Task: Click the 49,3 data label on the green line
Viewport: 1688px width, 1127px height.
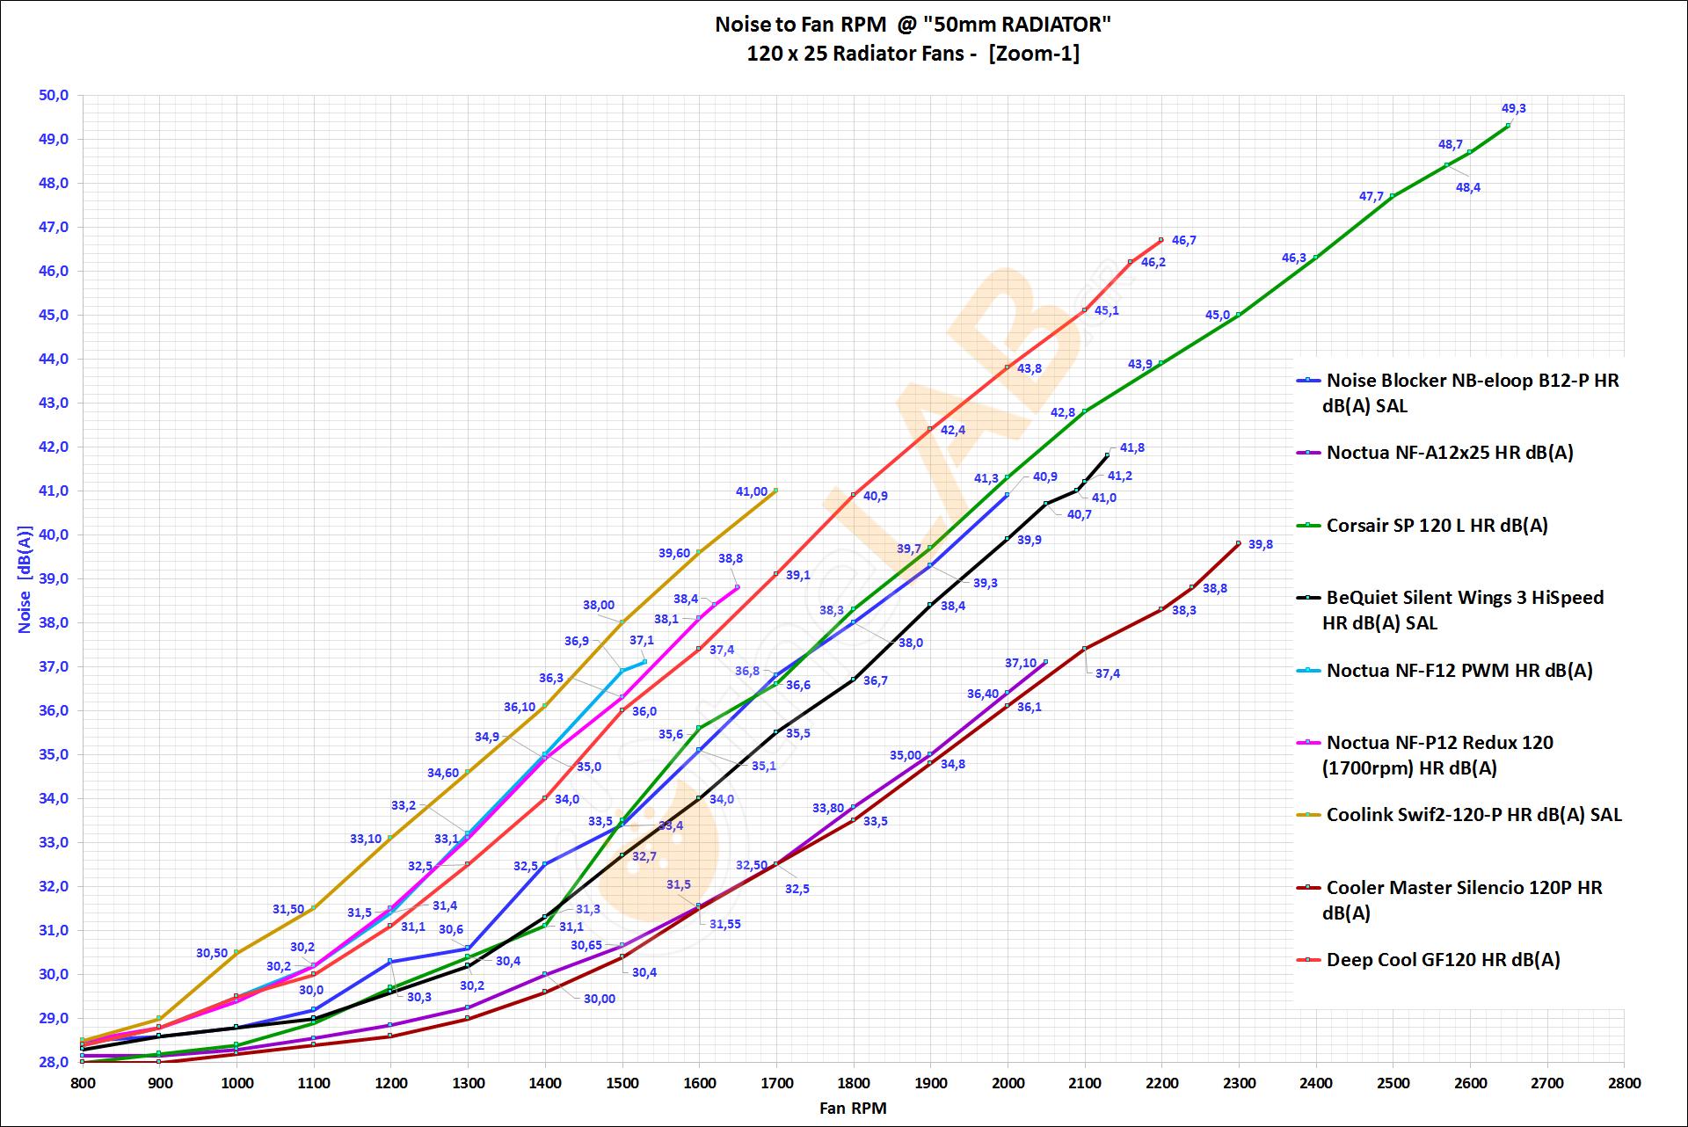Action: [x=1513, y=109]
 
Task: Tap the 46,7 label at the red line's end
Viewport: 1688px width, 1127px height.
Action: [x=1183, y=240]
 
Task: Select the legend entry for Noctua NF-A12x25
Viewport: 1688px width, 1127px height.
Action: [x=1449, y=453]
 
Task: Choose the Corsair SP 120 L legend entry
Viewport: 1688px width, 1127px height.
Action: [x=1437, y=526]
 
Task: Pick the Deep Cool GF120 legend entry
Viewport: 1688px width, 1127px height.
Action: [x=1443, y=960]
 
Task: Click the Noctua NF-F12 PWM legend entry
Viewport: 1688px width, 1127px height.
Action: [x=1459, y=671]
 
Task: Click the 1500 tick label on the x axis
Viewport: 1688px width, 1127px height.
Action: [x=622, y=1083]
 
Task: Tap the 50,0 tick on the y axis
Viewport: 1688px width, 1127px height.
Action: [x=54, y=95]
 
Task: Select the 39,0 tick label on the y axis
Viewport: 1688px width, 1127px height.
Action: [x=54, y=578]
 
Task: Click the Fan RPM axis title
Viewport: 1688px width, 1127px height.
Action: [x=853, y=1108]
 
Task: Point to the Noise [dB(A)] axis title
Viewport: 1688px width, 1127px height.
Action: [x=25, y=579]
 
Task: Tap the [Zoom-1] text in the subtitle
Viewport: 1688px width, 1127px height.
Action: [x=1034, y=54]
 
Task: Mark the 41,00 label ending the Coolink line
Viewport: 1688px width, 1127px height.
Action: [x=751, y=491]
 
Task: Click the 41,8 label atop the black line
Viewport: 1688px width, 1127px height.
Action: [x=1131, y=447]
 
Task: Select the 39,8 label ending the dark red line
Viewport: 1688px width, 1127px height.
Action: [x=1260, y=544]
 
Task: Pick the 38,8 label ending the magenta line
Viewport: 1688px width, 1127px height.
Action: [x=730, y=558]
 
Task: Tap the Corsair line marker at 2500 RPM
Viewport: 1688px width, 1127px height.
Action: [x=1393, y=196]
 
